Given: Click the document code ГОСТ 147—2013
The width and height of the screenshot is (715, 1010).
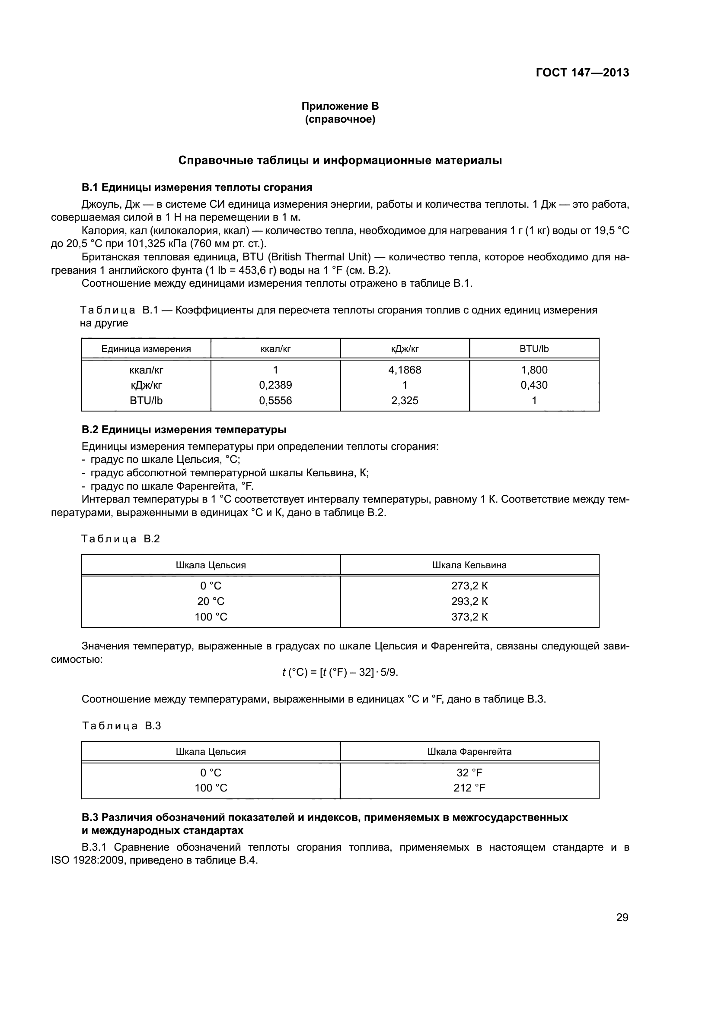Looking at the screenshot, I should click(582, 73).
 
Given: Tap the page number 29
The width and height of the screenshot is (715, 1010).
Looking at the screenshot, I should click(622, 917).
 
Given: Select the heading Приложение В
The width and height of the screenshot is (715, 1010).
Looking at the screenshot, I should click(340, 106).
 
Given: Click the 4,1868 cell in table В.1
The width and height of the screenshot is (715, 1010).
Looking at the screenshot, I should click(405, 370).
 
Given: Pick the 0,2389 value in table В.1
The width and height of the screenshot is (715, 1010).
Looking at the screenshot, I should click(275, 385).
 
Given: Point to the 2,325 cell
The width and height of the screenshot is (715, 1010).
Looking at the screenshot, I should click(405, 400).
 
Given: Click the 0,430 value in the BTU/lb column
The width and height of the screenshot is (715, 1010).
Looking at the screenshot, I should click(534, 385).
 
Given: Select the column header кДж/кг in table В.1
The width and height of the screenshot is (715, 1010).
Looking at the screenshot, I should click(405, 349).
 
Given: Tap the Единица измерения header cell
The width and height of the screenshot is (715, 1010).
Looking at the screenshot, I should click(146, 349).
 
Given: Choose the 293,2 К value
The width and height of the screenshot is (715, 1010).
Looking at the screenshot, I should click(469, 601).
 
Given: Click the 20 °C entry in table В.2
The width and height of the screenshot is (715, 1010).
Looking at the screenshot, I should click(211, 601).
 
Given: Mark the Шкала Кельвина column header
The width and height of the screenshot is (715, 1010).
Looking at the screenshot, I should click(469, 565).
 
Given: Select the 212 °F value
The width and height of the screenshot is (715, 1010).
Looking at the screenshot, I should click(469, 788).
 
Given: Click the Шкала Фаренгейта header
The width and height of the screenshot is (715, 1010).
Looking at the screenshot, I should click(469, 751).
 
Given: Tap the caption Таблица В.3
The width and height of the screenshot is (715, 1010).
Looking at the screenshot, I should click(121, 726).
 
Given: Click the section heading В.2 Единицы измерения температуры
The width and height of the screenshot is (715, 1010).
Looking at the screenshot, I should click(184, 429).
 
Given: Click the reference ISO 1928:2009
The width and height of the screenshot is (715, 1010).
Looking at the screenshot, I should click(87, 860).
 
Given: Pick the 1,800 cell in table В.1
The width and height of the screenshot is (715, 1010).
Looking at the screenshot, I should click(534, 370).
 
